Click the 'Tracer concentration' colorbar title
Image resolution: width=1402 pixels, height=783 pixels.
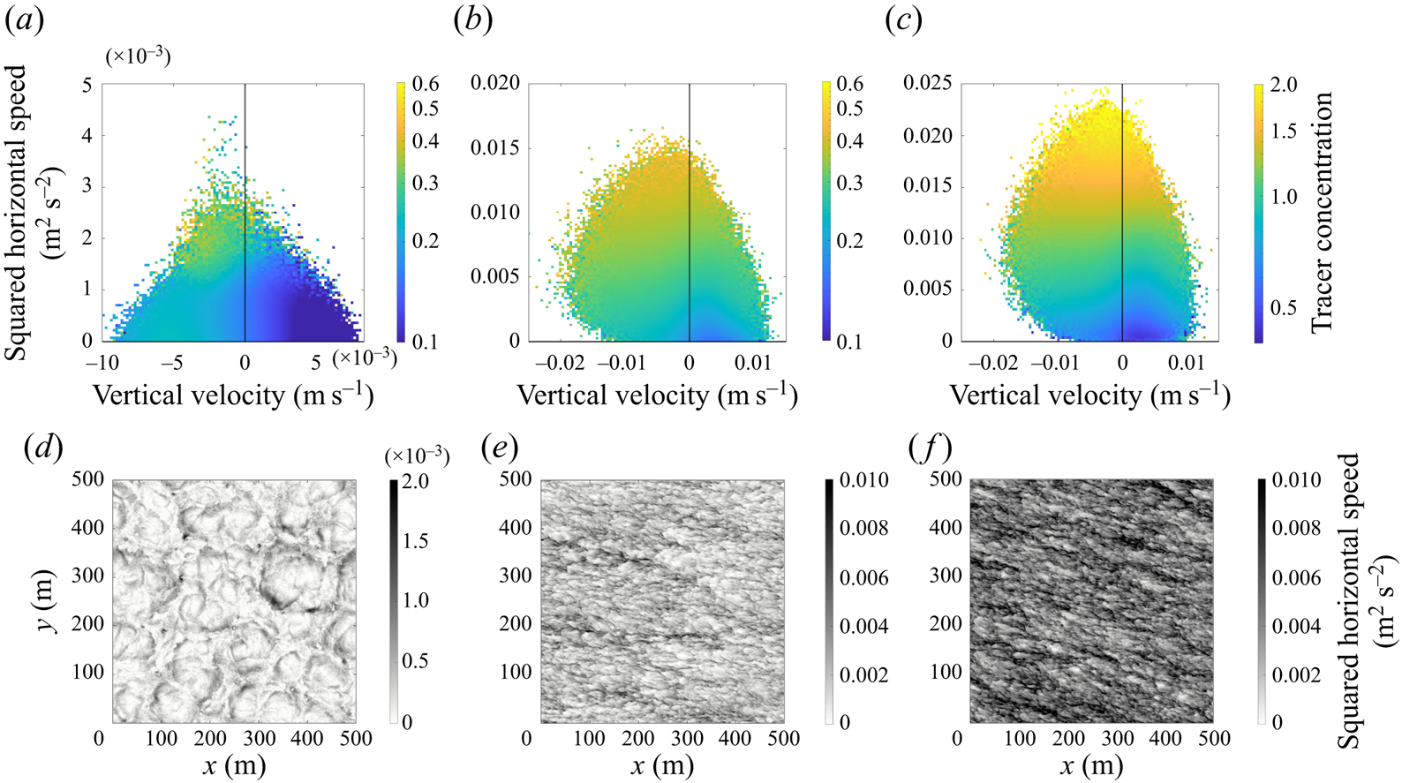click(1321, 212)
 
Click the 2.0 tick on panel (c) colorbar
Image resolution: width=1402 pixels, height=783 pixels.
click(1284, 85)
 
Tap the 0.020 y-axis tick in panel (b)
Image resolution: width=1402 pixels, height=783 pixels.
click(495, 83)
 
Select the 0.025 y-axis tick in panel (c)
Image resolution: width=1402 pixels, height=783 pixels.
click(928, 83)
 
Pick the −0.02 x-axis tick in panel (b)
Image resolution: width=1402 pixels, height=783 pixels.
click(562, 363)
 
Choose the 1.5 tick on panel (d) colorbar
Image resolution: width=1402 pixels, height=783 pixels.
click(416, 541)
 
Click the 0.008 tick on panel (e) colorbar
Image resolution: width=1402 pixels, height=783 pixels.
click(863, 529)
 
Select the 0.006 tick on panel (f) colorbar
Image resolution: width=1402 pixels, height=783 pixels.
click(1296, 577)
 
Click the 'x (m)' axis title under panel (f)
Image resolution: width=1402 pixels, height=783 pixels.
click(1091, 765)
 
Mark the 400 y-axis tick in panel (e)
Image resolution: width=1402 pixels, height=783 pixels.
click(515, 528)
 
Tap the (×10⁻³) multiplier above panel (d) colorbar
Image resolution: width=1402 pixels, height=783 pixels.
click(417, 457)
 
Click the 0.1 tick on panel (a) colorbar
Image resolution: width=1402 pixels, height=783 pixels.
click(425, 343)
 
